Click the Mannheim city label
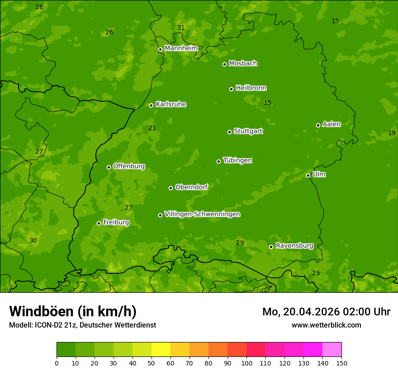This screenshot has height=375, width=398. [x=181, y=48]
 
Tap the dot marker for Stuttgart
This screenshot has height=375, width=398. [x=229, y=132]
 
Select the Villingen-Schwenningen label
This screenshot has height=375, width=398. [x=202, y=214]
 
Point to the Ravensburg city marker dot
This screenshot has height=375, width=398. [x=271, y=247]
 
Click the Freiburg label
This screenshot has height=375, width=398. [x=116, y=222]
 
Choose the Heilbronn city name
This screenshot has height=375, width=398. [x=251, y=88]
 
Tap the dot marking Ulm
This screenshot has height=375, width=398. [x=308, y=175]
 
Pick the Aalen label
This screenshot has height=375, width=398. [x=332, y=124]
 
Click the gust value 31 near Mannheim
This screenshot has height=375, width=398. [x=181, y=28]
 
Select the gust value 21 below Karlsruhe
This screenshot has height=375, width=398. [x=152, y=128]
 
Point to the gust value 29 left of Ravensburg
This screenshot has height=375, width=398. [x=240, y=243]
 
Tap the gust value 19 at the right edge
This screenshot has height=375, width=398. [x=392, y=133]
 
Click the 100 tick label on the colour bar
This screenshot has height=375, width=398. [x=246, y=363]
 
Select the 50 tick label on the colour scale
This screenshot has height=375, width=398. [x=152, y=363]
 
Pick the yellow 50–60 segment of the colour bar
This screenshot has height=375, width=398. [x=161, y=350]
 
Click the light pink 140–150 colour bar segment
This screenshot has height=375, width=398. [x=332, y=350]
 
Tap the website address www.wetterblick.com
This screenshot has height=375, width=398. [x=326, y=325]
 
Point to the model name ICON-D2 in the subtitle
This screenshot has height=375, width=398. [x=50, y=325]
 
